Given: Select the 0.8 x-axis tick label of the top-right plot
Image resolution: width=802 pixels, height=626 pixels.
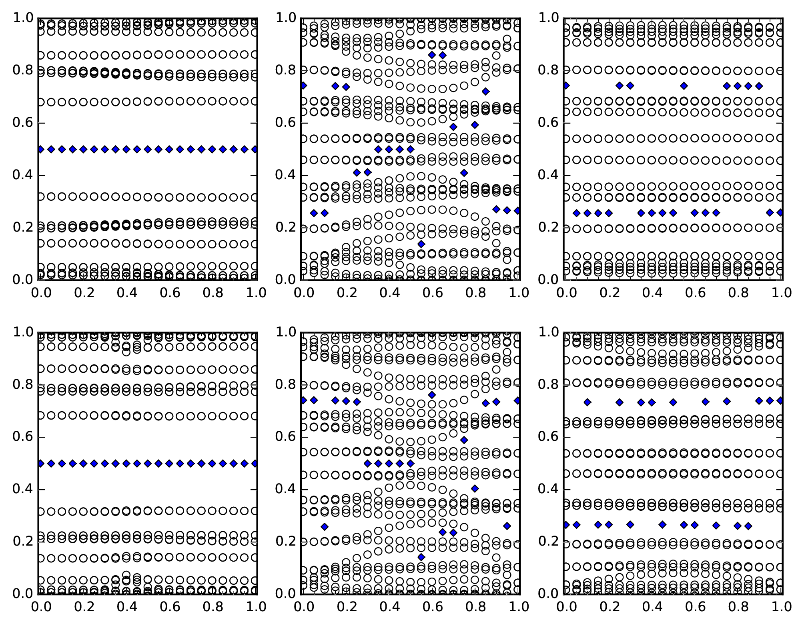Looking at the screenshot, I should click(x=737, y=293).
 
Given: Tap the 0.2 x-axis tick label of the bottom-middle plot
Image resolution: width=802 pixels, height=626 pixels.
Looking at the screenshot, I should click(x=345, y=607).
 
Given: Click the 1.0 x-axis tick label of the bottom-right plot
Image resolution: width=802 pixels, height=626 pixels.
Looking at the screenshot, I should click(x=781, y=607).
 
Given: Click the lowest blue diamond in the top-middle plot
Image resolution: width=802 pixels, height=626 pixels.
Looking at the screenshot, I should click(x=421, y=244).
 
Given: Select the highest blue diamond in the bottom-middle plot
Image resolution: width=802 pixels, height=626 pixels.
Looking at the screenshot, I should click(x=432, y=395).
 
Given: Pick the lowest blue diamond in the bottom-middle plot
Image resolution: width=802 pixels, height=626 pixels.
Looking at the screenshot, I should click(x=421, y=557).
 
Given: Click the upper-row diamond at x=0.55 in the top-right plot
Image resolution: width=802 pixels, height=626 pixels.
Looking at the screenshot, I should click(x=684, y=86).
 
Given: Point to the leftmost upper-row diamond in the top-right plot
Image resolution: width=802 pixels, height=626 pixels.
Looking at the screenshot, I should click(x=566, y=86).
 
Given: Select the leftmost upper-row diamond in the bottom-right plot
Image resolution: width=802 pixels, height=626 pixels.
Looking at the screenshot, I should click(x=587, y=402).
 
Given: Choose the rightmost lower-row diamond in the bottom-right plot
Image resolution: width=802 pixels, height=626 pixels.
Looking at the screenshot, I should click(x=748, y=526).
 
